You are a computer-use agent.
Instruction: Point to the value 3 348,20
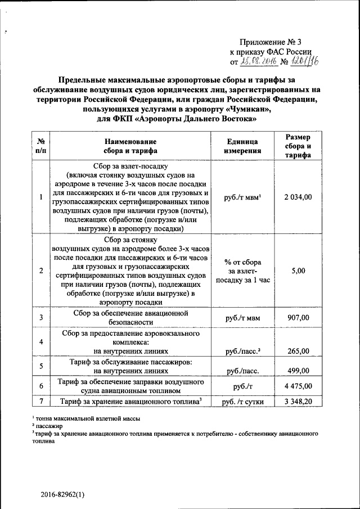(298, 401)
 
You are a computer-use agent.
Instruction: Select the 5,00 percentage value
(298, 271)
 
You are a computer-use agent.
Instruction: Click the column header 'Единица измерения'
(242, 146)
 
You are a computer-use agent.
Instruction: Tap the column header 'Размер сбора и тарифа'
(298, 146)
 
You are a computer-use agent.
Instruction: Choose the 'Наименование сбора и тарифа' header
(130, 146)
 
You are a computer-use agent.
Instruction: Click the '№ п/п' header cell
(40, 146)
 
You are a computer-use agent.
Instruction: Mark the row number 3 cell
(41, 318)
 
